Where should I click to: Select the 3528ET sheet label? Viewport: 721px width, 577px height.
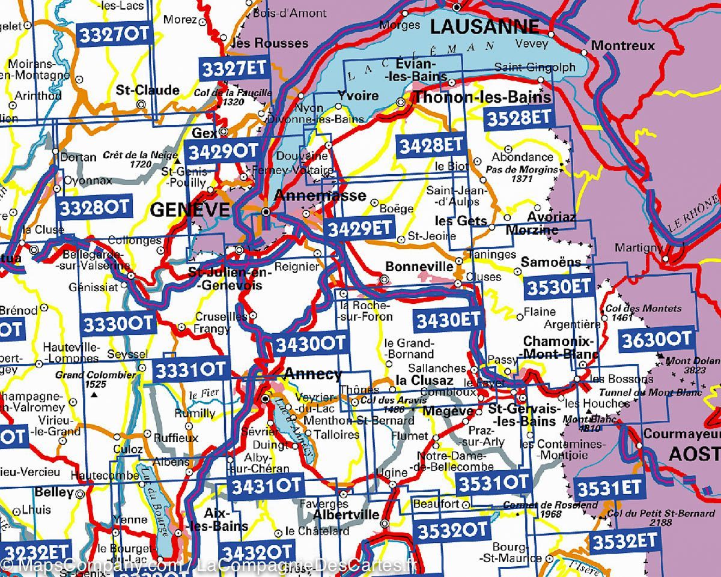tap(519, 118)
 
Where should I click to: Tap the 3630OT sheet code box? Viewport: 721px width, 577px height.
tap(657, 339)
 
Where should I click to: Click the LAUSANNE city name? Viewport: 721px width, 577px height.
tap(485, 26)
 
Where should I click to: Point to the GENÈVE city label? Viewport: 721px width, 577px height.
tap(190, 210)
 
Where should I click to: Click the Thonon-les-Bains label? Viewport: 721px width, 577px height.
tap(482, 97)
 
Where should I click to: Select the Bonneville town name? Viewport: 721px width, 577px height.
tap(419, 266)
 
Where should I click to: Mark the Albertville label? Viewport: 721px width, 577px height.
tap(346, 515)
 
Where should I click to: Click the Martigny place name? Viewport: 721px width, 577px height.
tap(638, 247)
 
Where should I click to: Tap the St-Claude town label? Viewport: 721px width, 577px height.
tap(148, 90)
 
